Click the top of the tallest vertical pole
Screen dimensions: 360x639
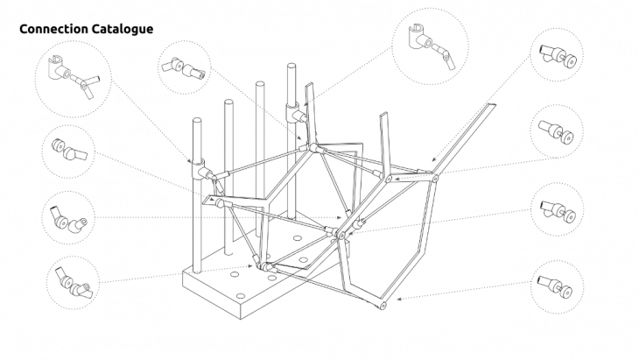coord(290,67)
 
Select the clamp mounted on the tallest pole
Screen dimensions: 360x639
coord(296,114)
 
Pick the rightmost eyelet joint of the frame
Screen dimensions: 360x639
coord(435,179)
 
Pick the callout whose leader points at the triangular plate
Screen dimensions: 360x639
coord(76,154)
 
